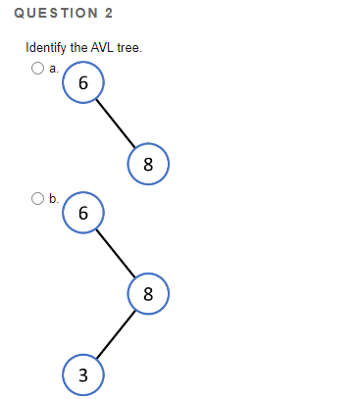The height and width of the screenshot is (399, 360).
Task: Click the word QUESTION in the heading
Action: pos(50,13)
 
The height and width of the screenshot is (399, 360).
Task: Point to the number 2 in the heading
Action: pos(108,13)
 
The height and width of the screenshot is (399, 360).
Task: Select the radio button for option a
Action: pos(37,69)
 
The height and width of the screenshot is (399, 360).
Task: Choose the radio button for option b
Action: pos(37,198)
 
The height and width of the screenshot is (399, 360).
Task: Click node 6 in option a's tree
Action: pos(83,84)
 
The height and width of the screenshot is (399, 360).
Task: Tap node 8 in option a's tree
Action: pos(148,163)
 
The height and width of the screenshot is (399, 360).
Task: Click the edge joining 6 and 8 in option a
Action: pos(116,124)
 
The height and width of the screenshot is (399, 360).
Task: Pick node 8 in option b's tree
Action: pos(148,292)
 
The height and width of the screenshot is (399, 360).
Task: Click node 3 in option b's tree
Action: pos(83,374)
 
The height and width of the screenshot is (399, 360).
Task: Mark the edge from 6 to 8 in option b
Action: pos(116,253)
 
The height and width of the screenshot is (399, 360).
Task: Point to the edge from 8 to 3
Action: pos(116,333)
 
